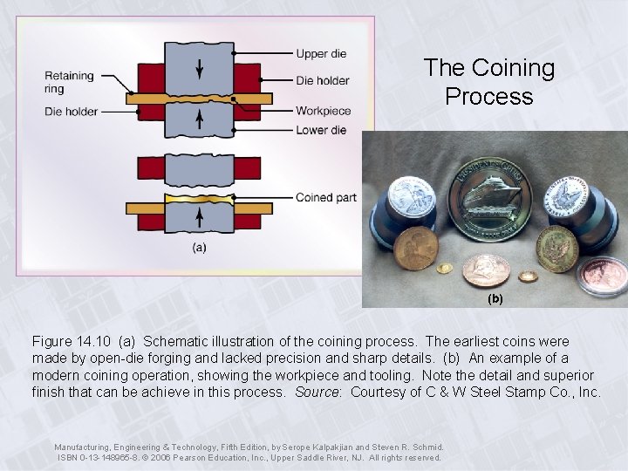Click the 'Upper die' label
321,54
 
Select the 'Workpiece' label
323,111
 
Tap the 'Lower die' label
321,131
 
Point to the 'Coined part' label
326,197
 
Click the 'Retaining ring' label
69,81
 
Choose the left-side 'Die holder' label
72,112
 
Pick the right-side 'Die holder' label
323,80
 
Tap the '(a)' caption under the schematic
199,248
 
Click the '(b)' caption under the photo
495,298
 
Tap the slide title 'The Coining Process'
488,81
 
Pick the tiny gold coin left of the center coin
443,266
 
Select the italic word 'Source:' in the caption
319,392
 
